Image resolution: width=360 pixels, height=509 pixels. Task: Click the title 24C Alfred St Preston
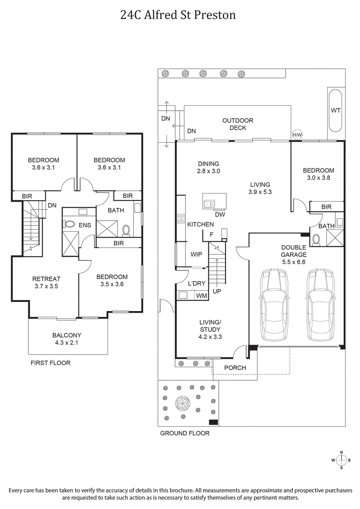tap(178, 15)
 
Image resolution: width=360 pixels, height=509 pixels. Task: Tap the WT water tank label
tap(336, 110)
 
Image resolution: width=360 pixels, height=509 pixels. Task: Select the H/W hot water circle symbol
tap(297, 135)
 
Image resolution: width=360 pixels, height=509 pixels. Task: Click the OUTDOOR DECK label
tap(238, 124)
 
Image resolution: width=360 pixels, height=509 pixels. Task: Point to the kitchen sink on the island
tap(209, 203)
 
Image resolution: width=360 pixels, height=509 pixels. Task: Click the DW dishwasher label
tap(220, 215)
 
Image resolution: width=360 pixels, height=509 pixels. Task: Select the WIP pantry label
tap(196, 254)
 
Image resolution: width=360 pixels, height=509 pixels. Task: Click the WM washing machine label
tap(202, 296)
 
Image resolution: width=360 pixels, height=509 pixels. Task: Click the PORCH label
tap(235, 368)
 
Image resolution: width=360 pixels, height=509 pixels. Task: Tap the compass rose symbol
tap(342, 460)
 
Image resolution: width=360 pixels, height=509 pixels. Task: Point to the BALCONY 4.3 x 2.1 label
tap(67, 339)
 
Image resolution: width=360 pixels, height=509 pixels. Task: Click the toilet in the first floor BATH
tap(126, 230)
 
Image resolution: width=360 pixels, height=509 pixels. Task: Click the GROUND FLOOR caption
tap(185, 434)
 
